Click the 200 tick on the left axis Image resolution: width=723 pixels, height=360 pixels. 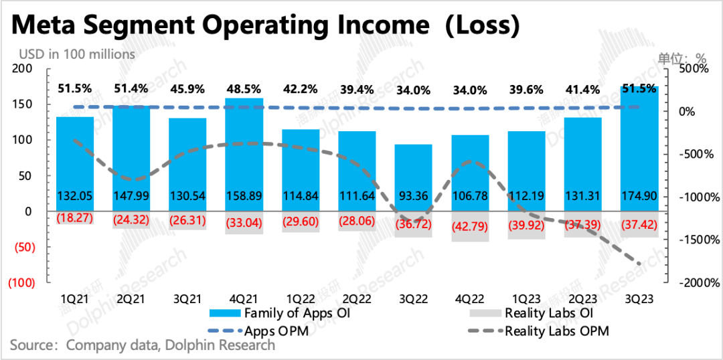tap(23, 69)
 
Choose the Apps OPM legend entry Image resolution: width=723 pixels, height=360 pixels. tap(274, 330)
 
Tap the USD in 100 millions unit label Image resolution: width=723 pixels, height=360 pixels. tap(76, 54)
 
